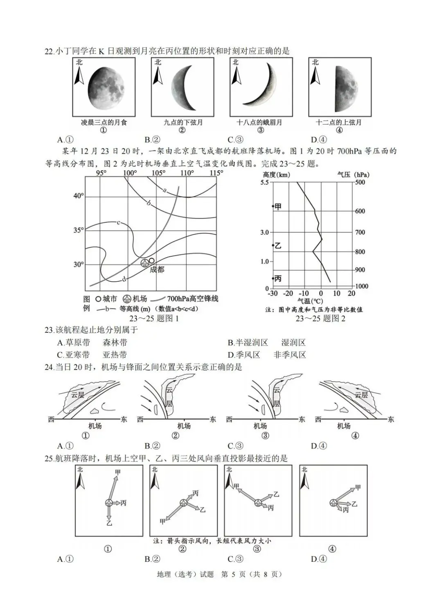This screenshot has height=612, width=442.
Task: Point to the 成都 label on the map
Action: click(x=157, y=269)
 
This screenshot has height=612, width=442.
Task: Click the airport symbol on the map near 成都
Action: click(x=145, y=263)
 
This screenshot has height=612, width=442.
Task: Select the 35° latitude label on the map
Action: click(x=79, y=230)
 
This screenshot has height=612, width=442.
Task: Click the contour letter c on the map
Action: click(x=118, y=222)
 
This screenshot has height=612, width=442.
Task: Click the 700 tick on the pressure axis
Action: click(x=360, y=232)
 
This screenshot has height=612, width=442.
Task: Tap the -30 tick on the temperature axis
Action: click(x=273, y=294)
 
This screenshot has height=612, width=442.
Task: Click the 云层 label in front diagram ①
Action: click(x=77, y=395)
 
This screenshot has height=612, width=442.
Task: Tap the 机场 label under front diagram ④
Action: click(x=344, y=426)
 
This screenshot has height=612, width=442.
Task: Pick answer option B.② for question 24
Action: click(x=152, y=446)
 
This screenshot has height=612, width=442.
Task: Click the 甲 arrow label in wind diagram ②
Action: click(x=162, y=522)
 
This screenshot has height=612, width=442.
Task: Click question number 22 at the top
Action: click(x=49, y=51)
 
